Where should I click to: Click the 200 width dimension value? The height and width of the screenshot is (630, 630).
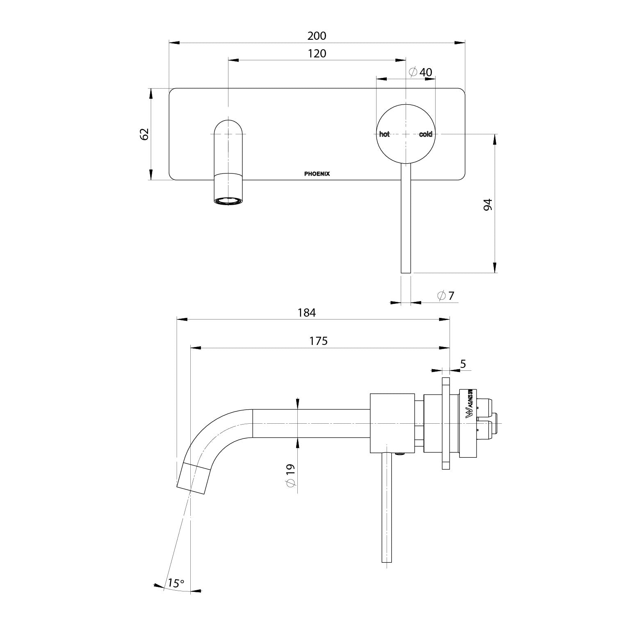coord(317,36)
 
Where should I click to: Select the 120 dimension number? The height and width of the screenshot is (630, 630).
coord(317,54)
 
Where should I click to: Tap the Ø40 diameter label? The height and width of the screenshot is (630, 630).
coord(421,72)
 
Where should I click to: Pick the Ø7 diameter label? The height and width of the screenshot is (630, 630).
coord(446,296)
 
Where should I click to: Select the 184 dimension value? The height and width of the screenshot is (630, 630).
coord(306,313)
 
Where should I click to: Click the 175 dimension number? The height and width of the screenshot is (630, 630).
coord(318,341)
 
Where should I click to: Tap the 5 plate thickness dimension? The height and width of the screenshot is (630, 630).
coord(463,364)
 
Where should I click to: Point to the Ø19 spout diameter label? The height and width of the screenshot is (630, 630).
coord(290,476)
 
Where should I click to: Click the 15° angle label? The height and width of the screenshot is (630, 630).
coord(176,583)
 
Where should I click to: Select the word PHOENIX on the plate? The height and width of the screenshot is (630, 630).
coord(317,174)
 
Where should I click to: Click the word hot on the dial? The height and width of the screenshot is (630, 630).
coord(384,135)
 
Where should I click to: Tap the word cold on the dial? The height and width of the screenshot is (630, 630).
coord(425,135)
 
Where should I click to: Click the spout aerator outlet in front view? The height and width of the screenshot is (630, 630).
coord(228,201)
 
